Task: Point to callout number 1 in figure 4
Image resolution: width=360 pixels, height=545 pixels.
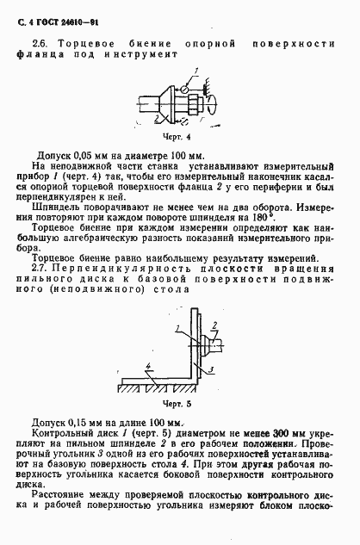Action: [196, 70]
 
